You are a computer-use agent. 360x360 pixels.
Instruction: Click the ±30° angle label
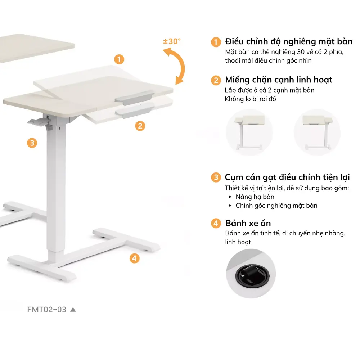172,41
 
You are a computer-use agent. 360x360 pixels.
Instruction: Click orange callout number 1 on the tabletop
119,59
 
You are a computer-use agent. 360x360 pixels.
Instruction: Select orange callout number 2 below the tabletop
140,126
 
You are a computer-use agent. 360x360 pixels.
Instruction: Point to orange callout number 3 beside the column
32,143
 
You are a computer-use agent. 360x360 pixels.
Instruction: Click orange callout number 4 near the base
134,258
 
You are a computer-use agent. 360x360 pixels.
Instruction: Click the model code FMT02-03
47,310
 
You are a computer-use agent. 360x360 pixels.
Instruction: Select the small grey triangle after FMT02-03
73,309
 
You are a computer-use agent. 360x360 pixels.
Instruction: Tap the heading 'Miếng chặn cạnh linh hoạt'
279,80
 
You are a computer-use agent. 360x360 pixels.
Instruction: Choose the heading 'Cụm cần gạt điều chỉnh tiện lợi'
287,177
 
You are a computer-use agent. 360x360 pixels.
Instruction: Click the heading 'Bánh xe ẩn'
248,223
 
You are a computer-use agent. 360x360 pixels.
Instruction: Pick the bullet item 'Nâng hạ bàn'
255,197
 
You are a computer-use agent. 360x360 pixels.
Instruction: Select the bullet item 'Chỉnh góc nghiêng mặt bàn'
276,206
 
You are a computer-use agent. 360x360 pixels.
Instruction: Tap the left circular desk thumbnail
249,132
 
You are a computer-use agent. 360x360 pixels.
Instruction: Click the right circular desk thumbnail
317,132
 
